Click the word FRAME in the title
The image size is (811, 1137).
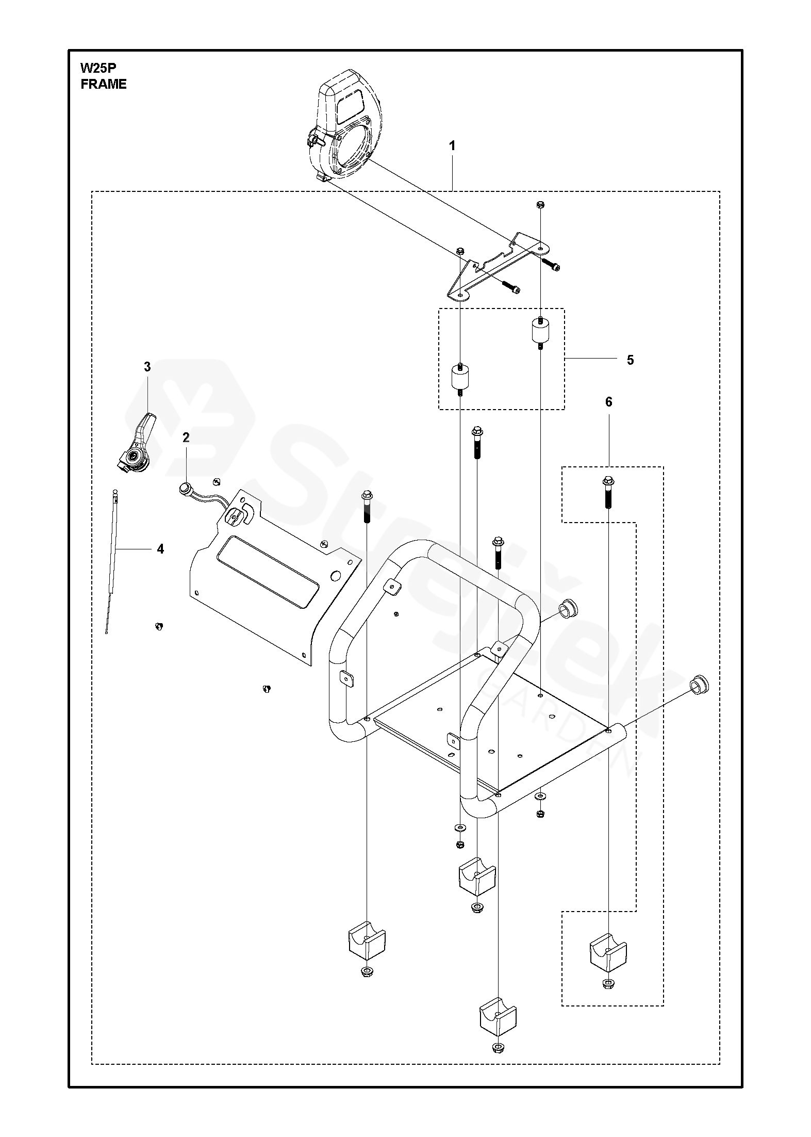(104, 85)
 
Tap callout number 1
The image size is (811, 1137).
(452, 146)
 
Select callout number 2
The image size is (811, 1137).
(186, 437)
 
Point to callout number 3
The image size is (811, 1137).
(147, 367)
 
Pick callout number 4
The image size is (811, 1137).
(160, 549)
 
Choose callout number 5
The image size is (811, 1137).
(631, 360)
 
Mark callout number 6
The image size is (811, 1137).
(608, 402)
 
